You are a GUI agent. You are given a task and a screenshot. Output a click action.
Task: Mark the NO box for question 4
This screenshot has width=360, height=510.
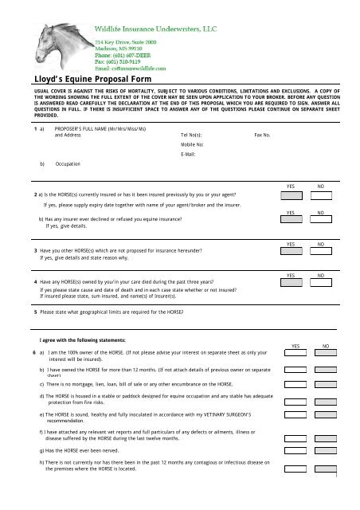point(320,283)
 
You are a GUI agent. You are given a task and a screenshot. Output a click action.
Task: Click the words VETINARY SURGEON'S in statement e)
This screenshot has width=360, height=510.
point(222,412)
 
